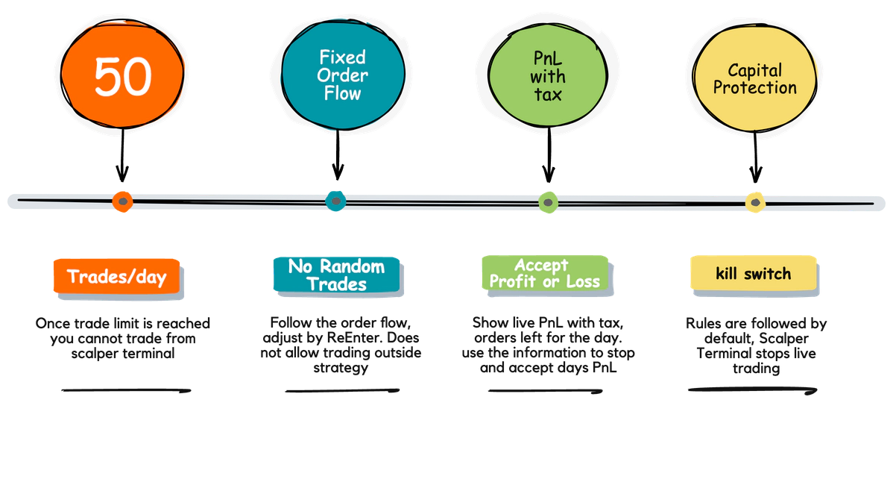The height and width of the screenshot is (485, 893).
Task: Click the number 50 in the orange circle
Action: coord(123,76)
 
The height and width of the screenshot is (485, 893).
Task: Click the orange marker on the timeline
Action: coord(122,201)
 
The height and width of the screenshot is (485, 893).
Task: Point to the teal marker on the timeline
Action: coord(336,200)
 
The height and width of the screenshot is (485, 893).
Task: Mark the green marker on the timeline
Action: coord(548,202)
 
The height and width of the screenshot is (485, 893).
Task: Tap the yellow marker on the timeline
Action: coord(755,202)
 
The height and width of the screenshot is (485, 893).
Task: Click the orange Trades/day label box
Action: coord(117,277)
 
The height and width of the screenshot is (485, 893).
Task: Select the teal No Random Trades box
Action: coord(337,275)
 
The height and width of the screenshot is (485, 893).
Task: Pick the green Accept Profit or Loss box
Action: coord(544,273)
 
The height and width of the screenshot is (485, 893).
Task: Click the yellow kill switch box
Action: coord(753,274)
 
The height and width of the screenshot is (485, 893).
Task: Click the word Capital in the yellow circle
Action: coord(754,70)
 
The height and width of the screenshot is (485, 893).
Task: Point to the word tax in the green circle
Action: coord(548,95)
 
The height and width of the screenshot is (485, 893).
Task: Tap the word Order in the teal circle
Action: coord(342,75)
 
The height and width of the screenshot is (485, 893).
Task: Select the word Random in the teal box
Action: coord(352,266)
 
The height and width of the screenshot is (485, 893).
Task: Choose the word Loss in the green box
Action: coord(582,282)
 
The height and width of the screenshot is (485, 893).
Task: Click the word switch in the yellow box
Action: coord(771,274)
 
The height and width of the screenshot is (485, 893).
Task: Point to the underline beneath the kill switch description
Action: coord(751,389)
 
